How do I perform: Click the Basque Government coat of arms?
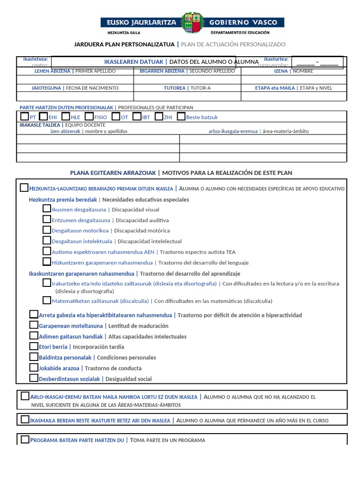pyautogui.click(x=192, y=22)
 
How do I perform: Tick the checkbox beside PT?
pyautogui.click(x=25, y=116)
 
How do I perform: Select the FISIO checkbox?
pyautogui.click(x=89, y=116)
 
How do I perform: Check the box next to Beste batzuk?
pyautogui.click(x=181, y=116)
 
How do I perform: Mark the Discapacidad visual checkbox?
pyautogui.click(x=47, y=209)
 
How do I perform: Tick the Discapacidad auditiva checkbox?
pyautogui.click(x=47, y=219)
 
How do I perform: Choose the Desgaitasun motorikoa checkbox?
pyautogui.click(x=47, y=230)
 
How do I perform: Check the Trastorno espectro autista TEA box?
pyautogui.click(x=47, y=251)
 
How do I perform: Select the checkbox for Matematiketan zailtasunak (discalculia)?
pyautogui.click(x=47, y=300)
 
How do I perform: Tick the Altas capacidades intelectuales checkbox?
pyautogui.click(x=34, y=336)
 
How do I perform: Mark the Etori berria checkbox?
pyautogui.click(x=34, y=346)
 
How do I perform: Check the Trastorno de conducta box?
pyautogui.click(x=34, y=367)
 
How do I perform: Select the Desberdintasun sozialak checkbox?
pyautogui.click(x=34, y=378)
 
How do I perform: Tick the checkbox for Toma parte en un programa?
pyautogui.click(x=25, y=440)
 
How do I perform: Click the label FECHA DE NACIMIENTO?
pyautogui.click(x=92, y=88)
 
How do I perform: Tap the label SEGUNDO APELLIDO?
pyautogui.click(x=211, y=71)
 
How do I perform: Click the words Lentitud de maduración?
pyautogui.click(x=138, y=326)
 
